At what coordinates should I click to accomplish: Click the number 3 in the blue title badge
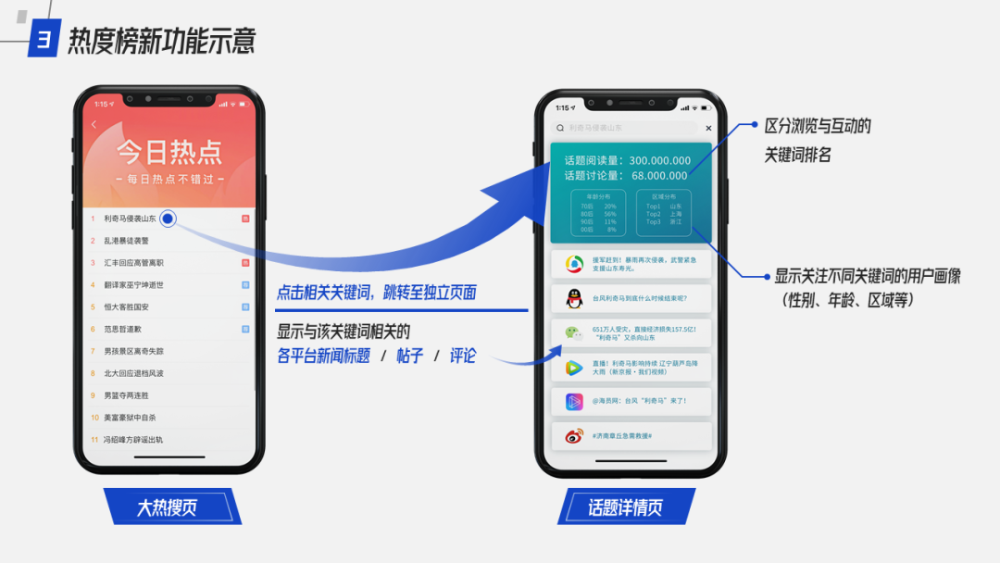pyautogui.click(x=44, y=40)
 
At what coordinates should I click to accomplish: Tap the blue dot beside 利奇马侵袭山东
pyautogui.click(x=168, y=219)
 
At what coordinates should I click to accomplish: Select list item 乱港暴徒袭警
pyautogui.click(x=126, y=241)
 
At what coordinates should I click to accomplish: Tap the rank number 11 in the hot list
pyautogui.click(x=94, y=440)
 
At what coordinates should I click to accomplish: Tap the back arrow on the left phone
pyautogui.click(x=94, y=125)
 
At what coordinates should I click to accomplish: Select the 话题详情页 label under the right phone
pyautogui.click(x=626, y=507)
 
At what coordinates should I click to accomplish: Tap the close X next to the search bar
pyautogui.click(x=708, y=128)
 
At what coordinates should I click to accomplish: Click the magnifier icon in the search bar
pyautogui.click(x=559, y=128)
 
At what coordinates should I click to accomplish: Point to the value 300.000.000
pyautogui.click(x=659, y=160)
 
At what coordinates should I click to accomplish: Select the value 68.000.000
pyautogui.click(x=659, y=175)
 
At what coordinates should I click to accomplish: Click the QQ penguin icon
pyautogui.click(x=574, y=299)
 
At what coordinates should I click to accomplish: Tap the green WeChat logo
pyautogui.click(x=574, y=333)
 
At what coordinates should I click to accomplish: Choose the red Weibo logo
pyautogui.click(x=574, y=435)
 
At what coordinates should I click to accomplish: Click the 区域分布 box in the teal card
pyautogui.click(x=664, y=212)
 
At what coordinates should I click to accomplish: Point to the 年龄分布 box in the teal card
pyautogui.click(x=598, y=212)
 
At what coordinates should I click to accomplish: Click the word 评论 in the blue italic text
pyautogui.click(x=463, y=356)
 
